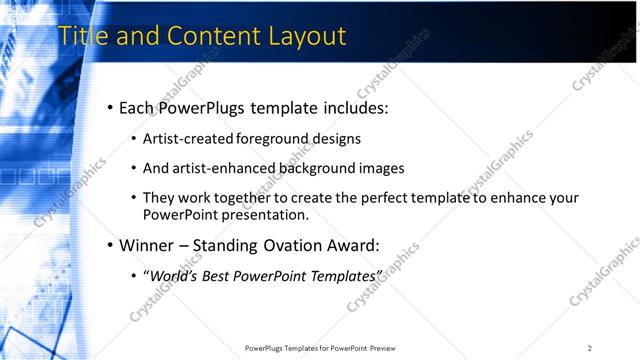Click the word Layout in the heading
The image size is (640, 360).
pos(306,37)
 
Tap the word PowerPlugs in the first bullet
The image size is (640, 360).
pos(211,107)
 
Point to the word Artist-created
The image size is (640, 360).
pos(188,139)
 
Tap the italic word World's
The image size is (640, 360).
pos(174,275)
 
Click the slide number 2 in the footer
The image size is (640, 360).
pos(589,348)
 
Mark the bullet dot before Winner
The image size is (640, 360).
pos(109,245)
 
